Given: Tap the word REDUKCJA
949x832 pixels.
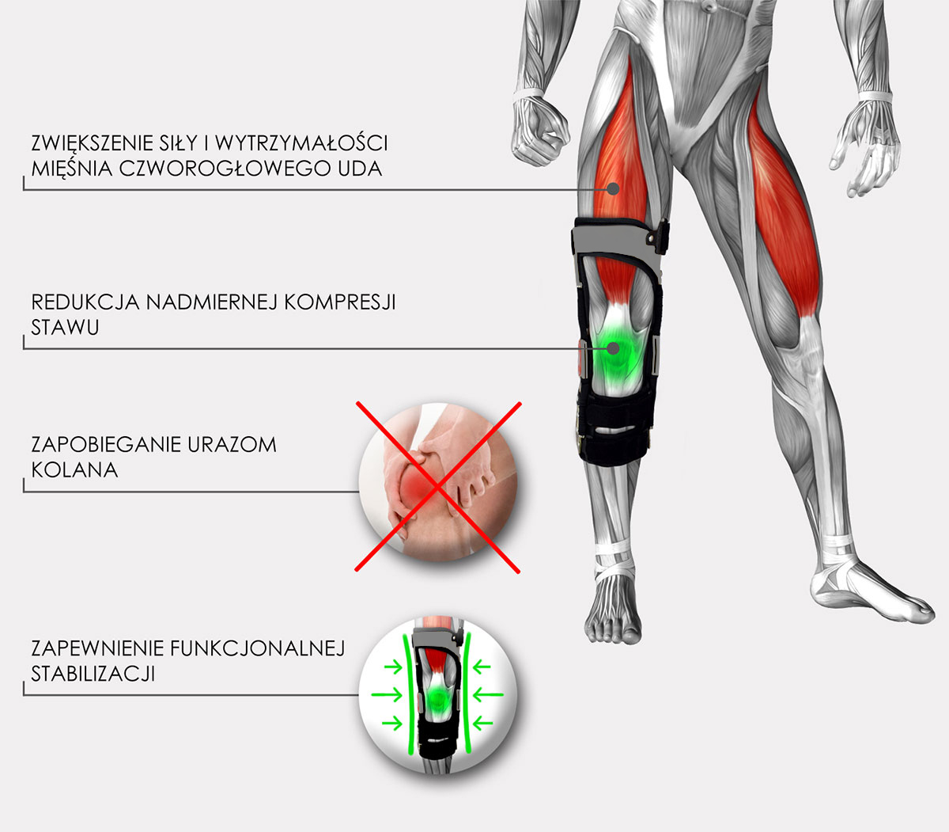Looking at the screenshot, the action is pos(85,302).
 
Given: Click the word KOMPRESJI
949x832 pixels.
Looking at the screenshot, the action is pos(339,302).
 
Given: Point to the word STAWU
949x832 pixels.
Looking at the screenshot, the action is pos(65,328).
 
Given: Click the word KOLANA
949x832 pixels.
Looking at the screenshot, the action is pos(74,470).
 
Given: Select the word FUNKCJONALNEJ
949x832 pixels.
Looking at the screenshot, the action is pos(258,648).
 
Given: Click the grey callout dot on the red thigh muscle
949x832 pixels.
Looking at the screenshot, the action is pos(613,188).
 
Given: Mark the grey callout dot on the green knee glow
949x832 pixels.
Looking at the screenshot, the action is pos(613,348).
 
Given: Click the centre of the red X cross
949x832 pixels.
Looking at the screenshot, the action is pos(437,487).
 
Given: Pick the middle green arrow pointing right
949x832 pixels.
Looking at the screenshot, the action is pos(387,695).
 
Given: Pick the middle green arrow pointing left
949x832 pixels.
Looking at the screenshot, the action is pos(488,695).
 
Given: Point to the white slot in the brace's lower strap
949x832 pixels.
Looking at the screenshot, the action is pos(615,429).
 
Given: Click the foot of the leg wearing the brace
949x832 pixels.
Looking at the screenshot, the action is pos(613,608).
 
